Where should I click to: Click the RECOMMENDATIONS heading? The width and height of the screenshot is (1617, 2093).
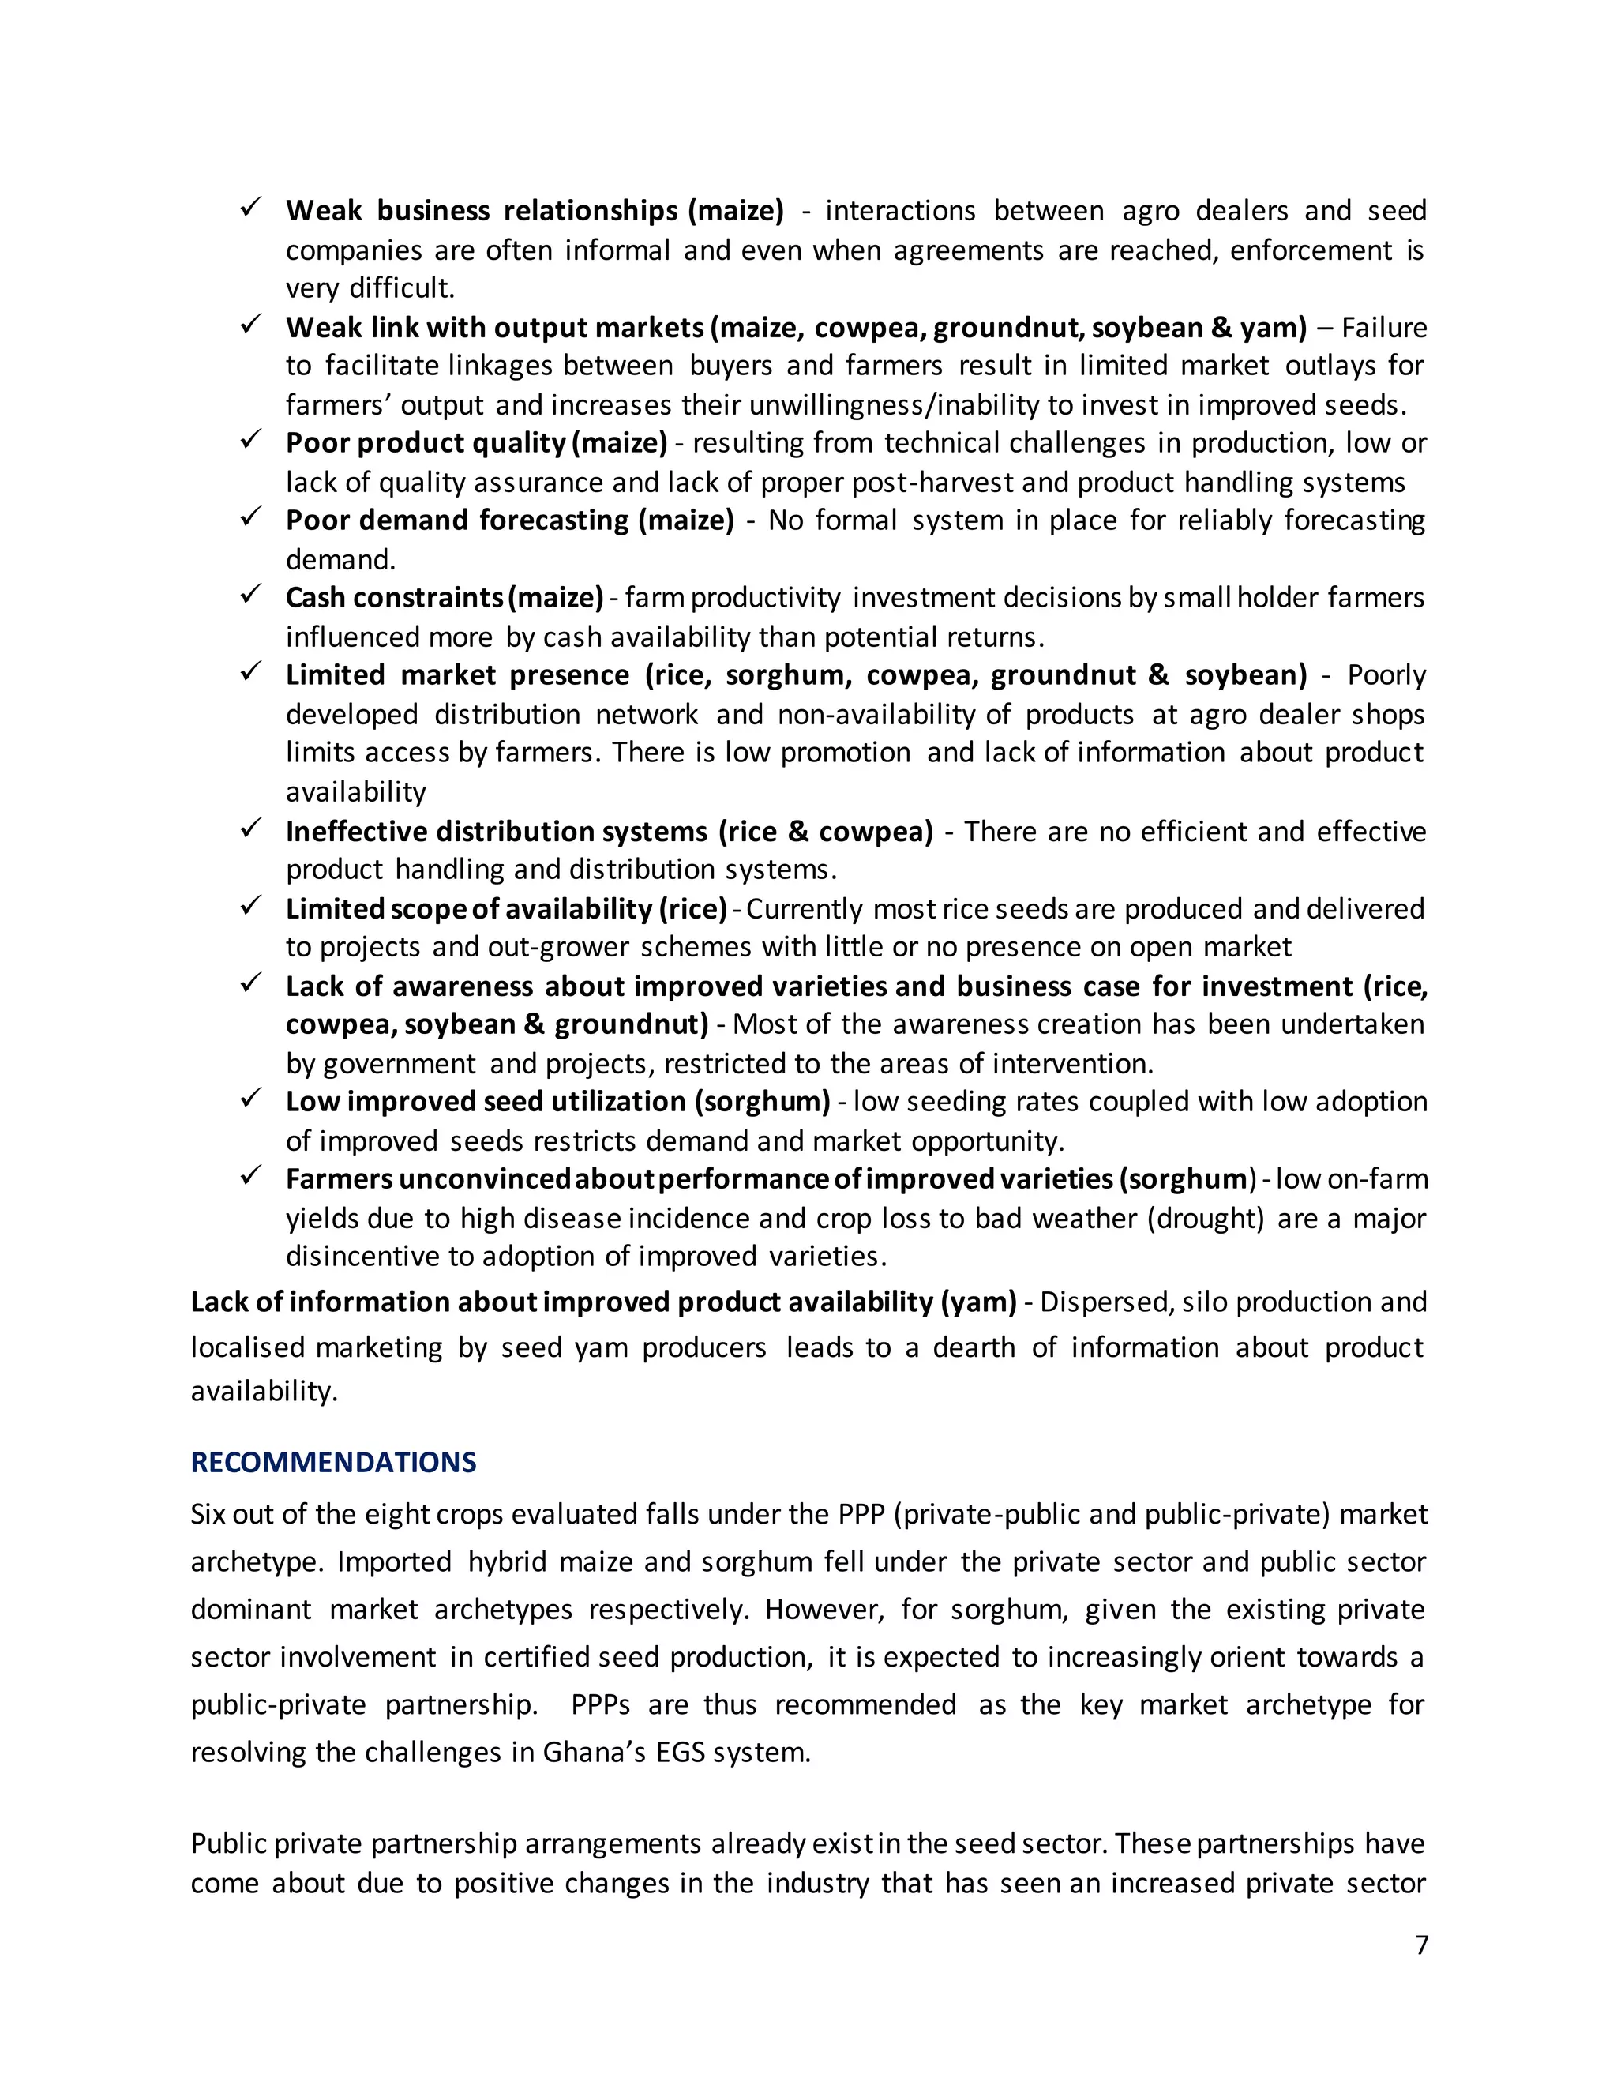333,1463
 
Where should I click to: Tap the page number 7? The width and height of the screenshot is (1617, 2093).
1421,1945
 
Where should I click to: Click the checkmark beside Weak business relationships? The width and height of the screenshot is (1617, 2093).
251,207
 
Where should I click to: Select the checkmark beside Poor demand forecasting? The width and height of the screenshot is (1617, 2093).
251,517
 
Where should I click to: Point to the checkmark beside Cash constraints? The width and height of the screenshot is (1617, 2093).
251,596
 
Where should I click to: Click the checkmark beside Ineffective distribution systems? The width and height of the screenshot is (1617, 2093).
251,828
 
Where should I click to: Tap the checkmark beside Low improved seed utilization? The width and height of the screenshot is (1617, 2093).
251,1099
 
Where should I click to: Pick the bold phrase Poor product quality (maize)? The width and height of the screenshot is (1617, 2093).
476,443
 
